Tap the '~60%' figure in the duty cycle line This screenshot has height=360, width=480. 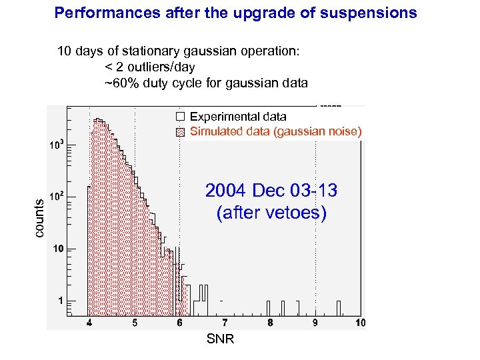coord(119,83)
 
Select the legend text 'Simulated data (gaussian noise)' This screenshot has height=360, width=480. coord(275,131)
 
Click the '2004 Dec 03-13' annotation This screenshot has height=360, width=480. coord(271,191)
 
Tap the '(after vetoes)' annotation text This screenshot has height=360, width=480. coord(271,213)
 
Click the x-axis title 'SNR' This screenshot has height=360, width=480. coord(220,339)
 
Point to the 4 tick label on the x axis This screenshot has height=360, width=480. coord(89,323)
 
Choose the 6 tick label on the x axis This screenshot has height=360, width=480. coord(179,323)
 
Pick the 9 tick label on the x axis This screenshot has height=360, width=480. coord(315,323)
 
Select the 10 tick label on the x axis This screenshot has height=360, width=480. coord(359,323)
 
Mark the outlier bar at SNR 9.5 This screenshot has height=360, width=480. coord(339,307)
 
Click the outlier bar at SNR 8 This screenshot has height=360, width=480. coord(268,307)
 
